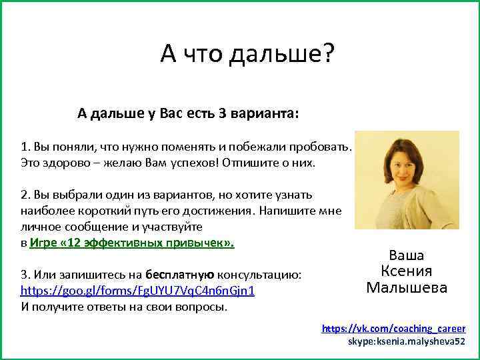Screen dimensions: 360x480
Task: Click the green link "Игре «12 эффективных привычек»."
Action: coord(132,243)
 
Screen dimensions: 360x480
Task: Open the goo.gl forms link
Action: coord(137,291)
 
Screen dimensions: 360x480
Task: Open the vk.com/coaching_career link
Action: coord(393,329)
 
